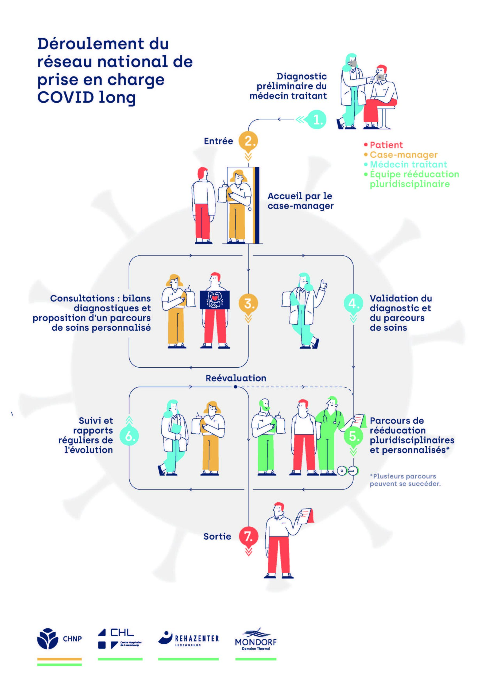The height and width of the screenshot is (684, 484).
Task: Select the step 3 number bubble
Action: click(248, 304)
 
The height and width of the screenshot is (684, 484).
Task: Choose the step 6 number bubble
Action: click(129, 436)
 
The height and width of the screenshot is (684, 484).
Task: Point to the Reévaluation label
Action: click(236, 378)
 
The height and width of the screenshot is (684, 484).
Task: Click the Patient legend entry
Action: click(386, 145)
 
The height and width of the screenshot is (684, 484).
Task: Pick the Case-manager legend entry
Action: click(404, 155)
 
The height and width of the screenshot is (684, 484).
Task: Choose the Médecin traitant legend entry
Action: click(408, 164)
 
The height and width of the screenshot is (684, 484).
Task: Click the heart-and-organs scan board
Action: click(215, 300)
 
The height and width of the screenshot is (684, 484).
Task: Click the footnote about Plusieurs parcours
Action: click(405, 480)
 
